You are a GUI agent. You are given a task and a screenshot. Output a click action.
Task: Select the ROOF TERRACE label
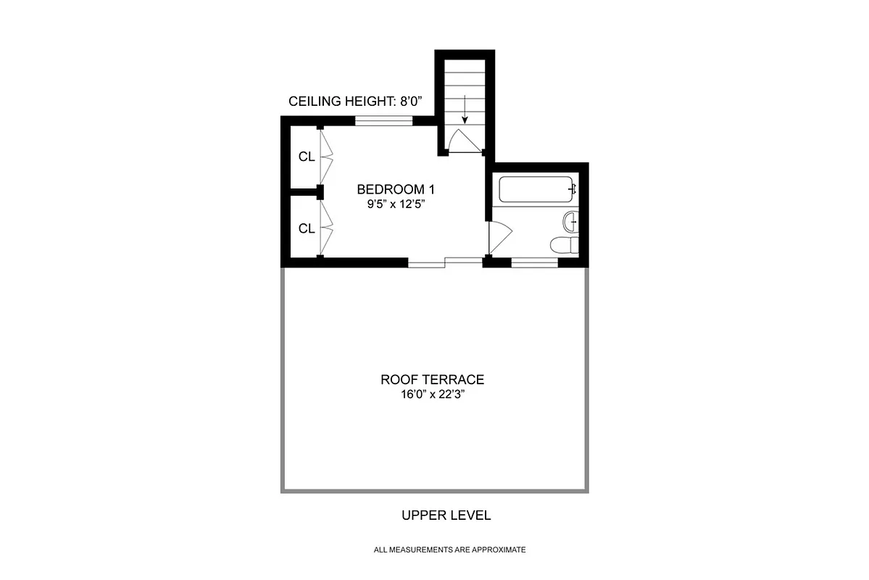tap(432, 379)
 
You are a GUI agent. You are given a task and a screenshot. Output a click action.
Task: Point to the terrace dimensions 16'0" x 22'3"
tap(432, 395)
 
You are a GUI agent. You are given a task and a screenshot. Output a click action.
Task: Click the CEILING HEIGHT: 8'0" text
tap(350, 101)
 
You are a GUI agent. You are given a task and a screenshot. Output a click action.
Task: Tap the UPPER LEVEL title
tap(446, 515)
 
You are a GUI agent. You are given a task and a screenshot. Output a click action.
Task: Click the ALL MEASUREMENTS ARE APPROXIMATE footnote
tap(449, 550)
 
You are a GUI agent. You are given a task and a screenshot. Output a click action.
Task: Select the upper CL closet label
tap(307, 157)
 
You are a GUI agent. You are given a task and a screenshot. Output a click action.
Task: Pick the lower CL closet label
tap(307, 228)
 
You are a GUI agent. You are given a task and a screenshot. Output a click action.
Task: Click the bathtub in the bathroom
tap(536, 190)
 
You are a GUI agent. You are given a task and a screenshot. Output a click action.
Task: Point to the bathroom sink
tap(571, 220)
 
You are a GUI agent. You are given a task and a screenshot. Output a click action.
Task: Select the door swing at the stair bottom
tap(460, 141)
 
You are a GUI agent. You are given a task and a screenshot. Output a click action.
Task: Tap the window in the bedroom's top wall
tap(383, 121)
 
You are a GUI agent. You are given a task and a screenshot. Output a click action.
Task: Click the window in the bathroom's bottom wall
tap(534, 262)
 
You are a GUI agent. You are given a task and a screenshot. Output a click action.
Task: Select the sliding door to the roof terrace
tap(445, 262)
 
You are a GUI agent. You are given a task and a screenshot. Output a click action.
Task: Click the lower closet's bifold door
tap(325, 227)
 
